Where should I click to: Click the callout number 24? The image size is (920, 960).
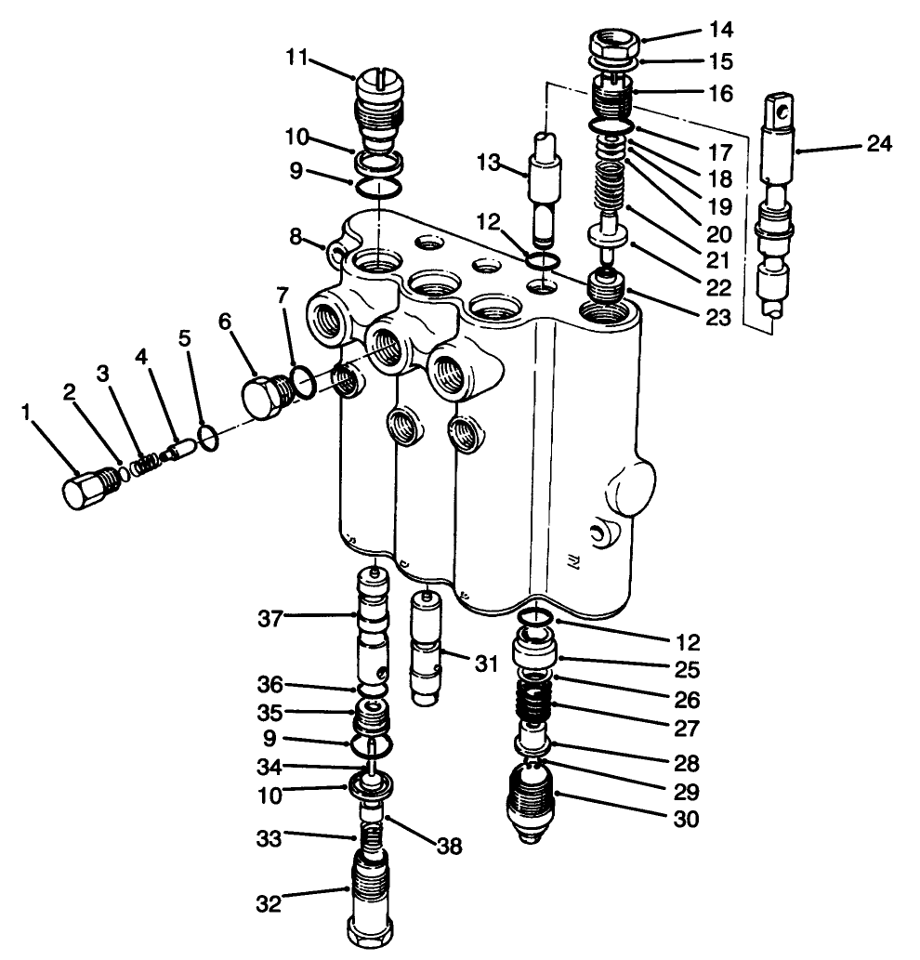point(878,144)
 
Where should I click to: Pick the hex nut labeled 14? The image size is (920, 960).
point(612,44)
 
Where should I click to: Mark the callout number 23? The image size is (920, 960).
point(717,317)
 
